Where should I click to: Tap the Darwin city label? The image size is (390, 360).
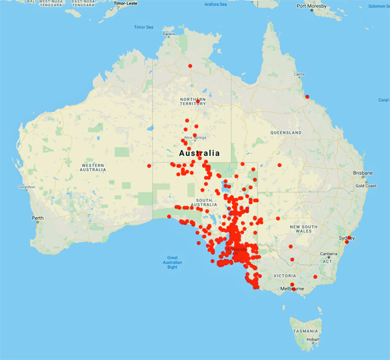[x=168, y=34]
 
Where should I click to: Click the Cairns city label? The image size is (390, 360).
[x=299, y=75]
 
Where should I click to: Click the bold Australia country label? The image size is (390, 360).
[x=199, y=153]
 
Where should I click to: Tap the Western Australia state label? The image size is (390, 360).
[x=92, y=167]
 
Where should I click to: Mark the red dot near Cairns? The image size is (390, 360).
[x=307, y=97]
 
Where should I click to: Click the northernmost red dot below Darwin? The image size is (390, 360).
[x=190, y=66]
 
